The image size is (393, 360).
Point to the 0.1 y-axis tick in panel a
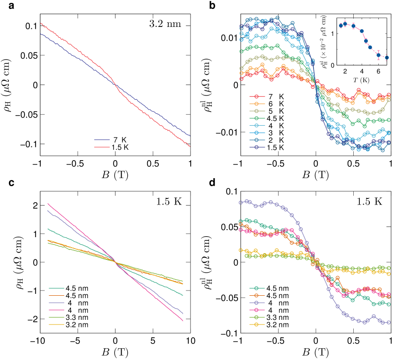[32, 26]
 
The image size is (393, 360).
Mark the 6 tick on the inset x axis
[378, 71]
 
